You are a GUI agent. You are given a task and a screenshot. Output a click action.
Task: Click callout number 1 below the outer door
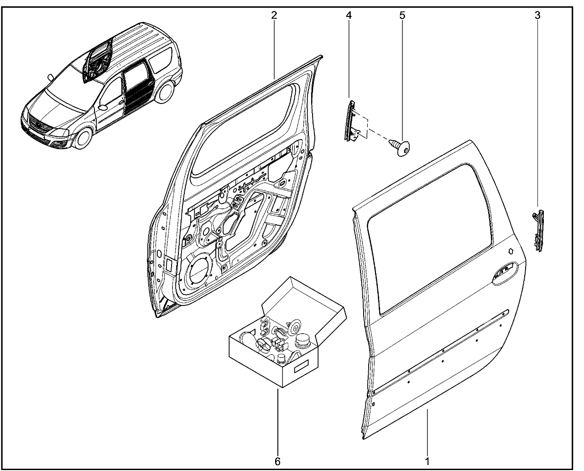point(427,461)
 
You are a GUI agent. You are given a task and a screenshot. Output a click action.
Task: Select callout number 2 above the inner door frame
point(274,16)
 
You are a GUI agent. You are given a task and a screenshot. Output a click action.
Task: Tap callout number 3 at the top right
point(537,16)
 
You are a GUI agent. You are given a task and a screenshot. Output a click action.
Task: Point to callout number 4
point(349,16)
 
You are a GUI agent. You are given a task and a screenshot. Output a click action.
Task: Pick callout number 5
point(402,16)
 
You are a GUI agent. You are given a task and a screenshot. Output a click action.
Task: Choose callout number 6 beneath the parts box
point(277,461)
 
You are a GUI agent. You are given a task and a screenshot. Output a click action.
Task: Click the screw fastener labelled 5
point(400,148)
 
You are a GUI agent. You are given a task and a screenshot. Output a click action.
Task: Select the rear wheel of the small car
point(166,93)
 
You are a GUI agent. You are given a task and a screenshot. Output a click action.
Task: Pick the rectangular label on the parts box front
point(301,366)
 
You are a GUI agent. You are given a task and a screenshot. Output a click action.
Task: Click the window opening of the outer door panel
point(429,239)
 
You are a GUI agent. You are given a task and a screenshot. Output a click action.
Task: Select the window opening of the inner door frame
point(241,131)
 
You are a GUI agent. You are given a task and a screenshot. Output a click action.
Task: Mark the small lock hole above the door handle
point(511,251)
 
